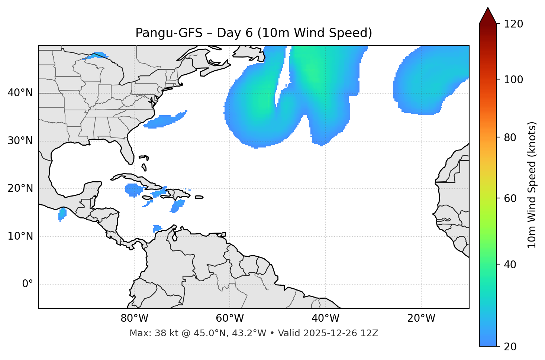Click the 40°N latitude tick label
[20, 93]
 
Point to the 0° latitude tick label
[28, 284]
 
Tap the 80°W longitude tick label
[134, 318]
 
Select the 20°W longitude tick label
[421, 318]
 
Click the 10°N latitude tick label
[20, 236]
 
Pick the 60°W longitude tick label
[230, 318]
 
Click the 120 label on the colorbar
[513, 24]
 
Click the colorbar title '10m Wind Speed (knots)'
[532, 185]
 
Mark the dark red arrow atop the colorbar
[488, 16]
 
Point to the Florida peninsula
[128, 150]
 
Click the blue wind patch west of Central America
[62, 214]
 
